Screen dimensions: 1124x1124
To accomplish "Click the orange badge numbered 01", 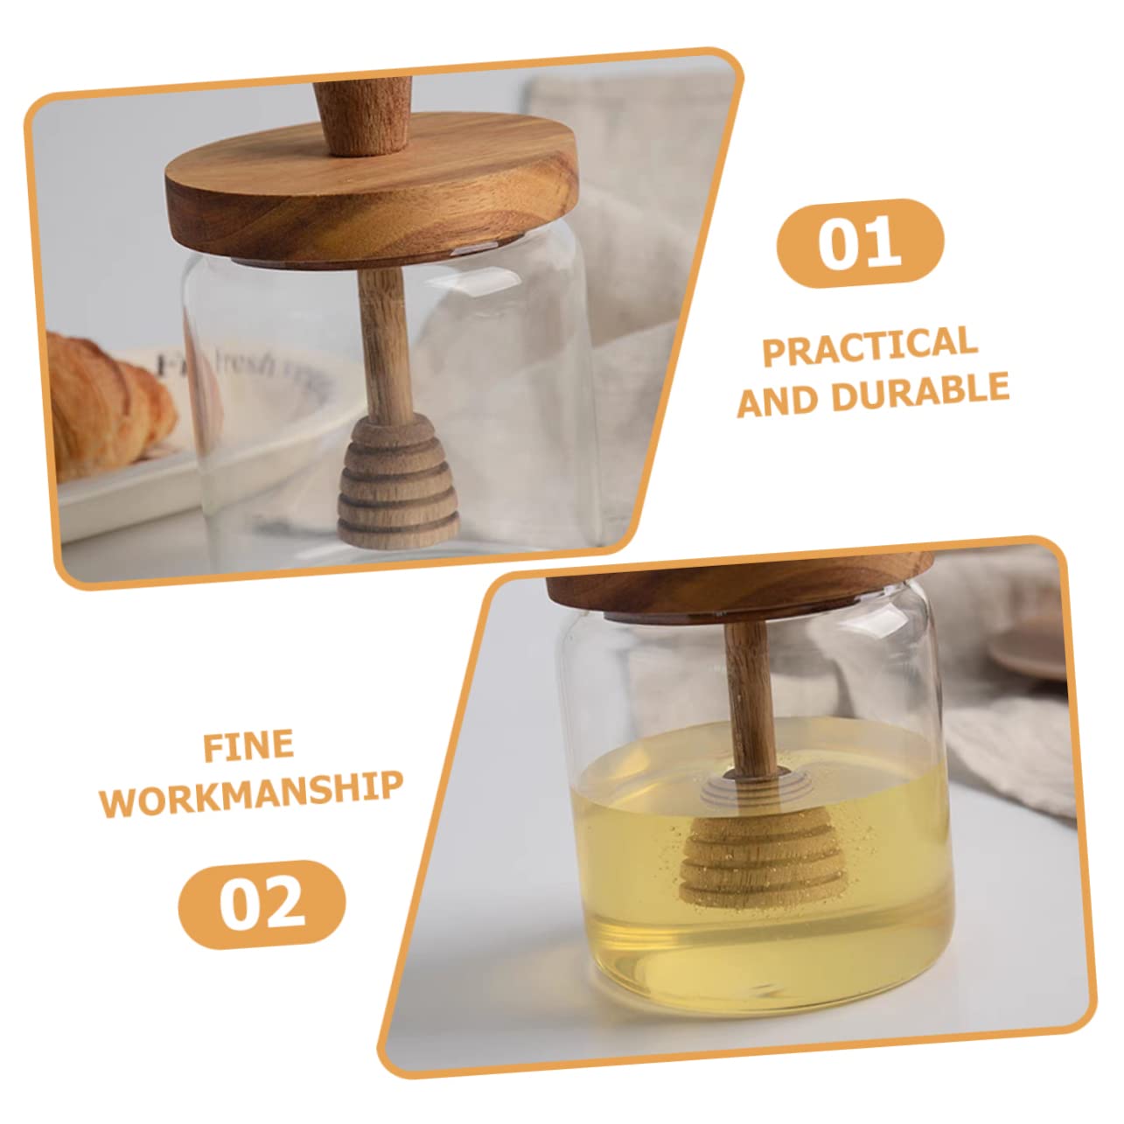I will click(x=861, y=243).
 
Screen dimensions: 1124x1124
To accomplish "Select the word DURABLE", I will click(x=920, y=392).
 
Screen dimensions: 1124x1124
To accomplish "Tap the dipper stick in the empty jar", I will click(x=378, y=337).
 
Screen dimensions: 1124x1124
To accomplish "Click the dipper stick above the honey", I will click(x=744, y=691).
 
